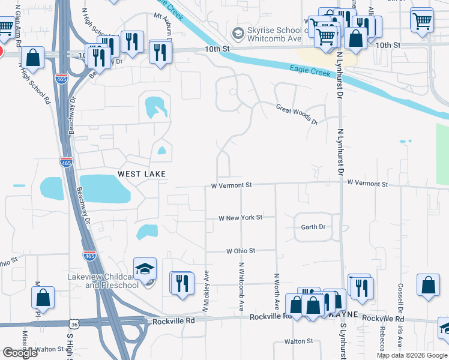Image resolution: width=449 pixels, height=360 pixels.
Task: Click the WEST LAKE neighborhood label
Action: [141, 173]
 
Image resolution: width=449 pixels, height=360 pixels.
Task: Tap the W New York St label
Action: [241, 218]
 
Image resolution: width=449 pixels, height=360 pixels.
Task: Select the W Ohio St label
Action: [241, 250]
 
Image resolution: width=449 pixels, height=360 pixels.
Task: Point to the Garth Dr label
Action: [313, 227]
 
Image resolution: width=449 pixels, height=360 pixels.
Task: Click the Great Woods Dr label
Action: [297, 115]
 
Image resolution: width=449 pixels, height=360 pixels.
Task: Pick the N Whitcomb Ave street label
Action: [241, 286]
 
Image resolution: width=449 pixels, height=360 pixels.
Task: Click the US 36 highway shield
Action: [73, 324]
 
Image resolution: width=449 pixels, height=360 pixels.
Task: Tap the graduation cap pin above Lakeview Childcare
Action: [144, 269]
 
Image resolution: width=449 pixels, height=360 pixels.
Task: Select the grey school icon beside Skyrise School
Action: [239, 31]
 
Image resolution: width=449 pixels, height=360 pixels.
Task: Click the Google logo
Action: [20, 353]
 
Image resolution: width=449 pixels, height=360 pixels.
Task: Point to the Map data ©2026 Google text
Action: [411, 355]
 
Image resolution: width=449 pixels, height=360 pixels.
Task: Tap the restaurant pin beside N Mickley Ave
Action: [182, 283]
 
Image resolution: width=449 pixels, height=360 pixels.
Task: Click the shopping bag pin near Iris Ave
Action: [428, 286]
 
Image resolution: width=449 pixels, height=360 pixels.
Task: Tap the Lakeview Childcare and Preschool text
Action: [103, 281]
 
